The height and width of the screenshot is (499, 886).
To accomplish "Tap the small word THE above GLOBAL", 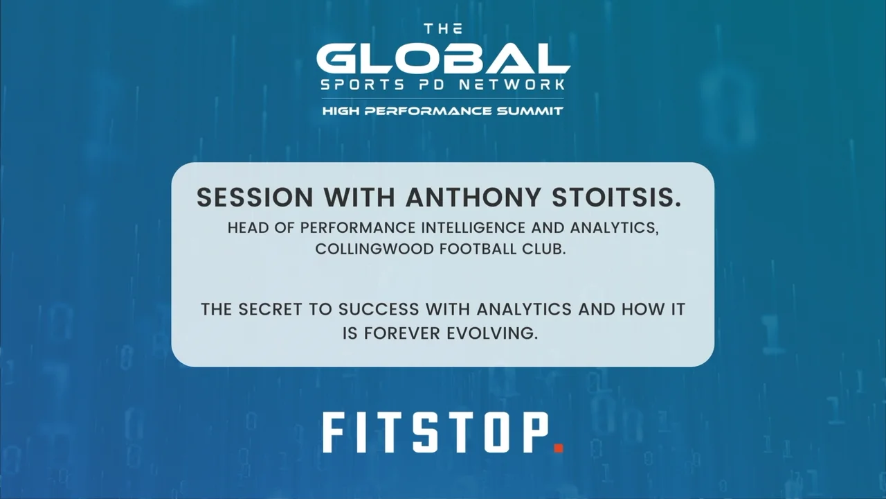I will click(443, 29).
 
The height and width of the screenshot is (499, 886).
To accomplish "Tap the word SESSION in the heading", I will click(255, 198).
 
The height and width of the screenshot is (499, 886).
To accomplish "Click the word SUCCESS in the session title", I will click(379, 309).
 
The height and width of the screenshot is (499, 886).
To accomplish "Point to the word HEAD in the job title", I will click(247, 228).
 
